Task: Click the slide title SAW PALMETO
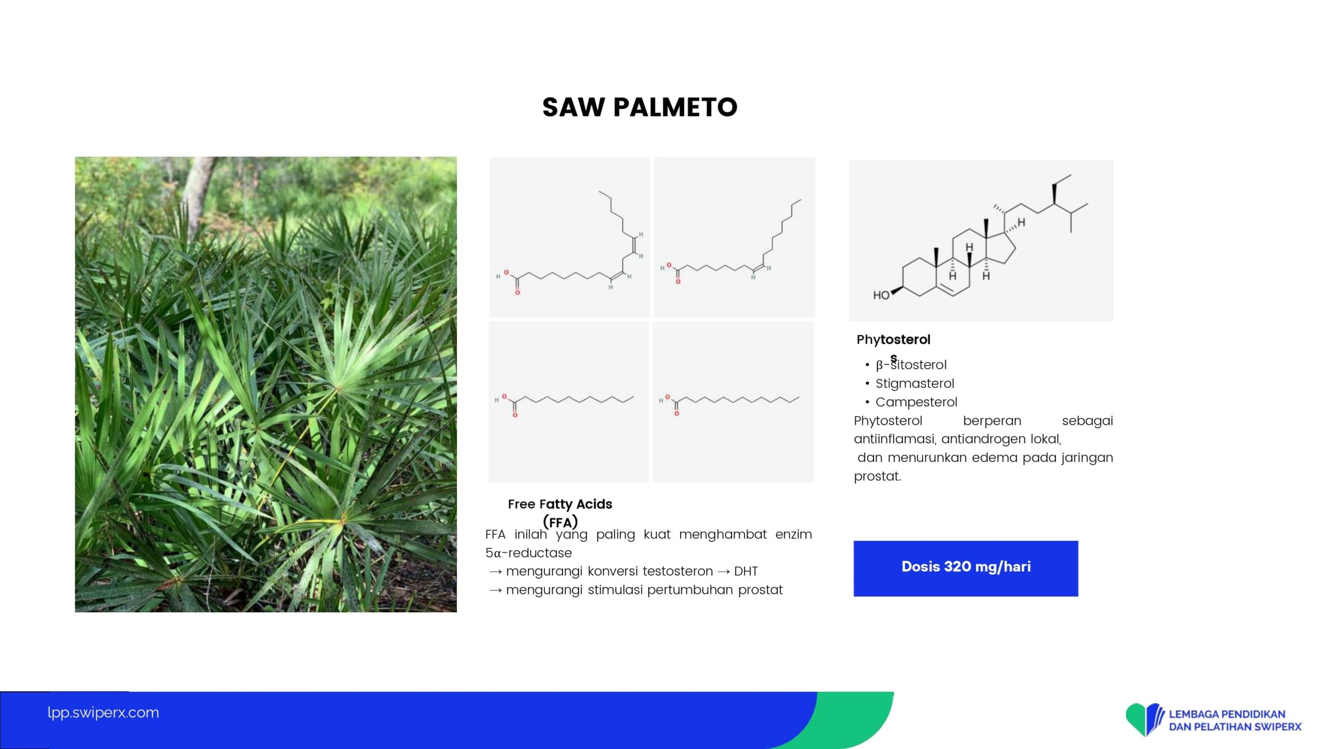click(x=640, y=107)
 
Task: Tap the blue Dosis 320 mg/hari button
click(x=965, y=568)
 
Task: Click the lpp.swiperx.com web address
click(x=103, y=713)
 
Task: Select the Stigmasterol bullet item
click(x=915, y=383)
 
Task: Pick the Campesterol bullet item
click(x=916, y=402)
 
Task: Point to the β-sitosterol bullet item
click(x=911, y=365)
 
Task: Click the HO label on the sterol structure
click(x=881, y=295)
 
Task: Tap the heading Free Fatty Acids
click(x=560, y=504)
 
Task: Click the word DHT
click(x=746, y=571)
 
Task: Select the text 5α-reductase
click(x=528, y=553)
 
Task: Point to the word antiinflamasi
click(x=894, y=439)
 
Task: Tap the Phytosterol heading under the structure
click(x=893, y=340)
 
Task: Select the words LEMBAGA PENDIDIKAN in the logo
click(x=1227, y=714)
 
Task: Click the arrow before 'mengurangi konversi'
click(x=495, y=572)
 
